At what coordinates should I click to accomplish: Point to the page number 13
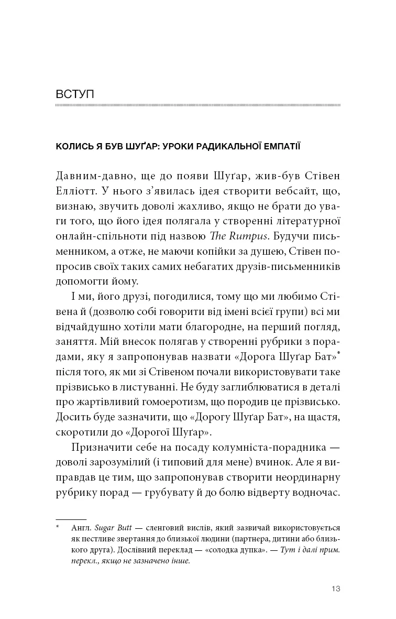[336, 589]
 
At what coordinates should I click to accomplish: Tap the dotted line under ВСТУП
[198, 105]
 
